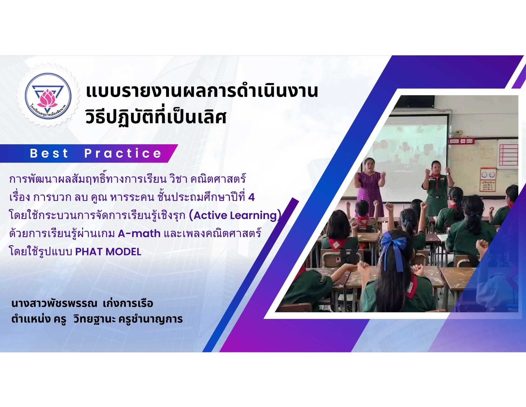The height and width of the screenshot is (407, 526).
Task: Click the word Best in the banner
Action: click(x=49, y=154)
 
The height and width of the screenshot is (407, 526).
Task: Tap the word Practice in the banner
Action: click(x=123, y=154)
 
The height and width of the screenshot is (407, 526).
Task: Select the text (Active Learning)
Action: click(x=235, y=215)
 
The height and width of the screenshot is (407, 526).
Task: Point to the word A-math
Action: click(x=139, y=234)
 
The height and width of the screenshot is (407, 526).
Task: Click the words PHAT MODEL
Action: click(x=108, y=252)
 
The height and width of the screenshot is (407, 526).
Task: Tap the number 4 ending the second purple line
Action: click(x=251, y=197)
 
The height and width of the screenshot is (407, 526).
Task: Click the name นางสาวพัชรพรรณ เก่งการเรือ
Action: click(x=82, y=304)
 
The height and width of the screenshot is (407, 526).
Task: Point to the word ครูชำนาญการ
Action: click(x=150, y=319)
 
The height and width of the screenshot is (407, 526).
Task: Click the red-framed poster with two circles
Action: click(x=487, y=179)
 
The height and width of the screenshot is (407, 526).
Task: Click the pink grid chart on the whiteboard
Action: click(x=508, y=155)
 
